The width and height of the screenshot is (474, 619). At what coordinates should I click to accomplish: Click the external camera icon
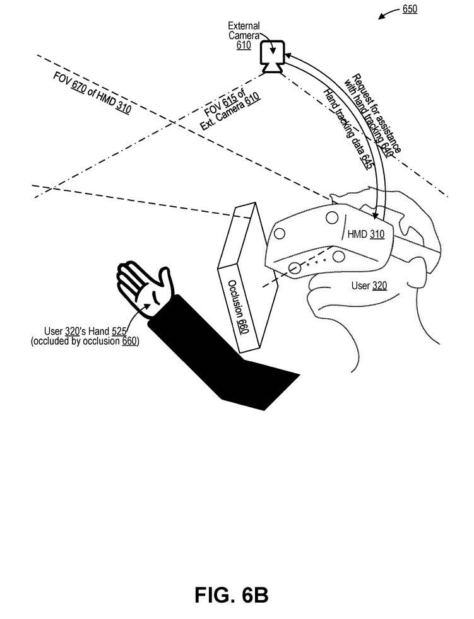point(271,57)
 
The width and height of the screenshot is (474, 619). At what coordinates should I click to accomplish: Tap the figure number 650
point(410,9)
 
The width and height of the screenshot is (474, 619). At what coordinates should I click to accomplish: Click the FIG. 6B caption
point(231,595)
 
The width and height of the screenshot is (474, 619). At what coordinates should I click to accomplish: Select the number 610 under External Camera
point(244,45)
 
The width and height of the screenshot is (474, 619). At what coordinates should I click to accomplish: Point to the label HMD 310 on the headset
point(365,234)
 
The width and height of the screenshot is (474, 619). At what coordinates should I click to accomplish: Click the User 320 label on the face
point(369,285)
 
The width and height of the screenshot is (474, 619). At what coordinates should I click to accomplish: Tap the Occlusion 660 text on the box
point(239,307)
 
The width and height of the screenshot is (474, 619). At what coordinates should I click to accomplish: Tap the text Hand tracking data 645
point(348,129)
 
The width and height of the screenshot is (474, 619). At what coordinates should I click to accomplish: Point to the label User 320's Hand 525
point(85,331)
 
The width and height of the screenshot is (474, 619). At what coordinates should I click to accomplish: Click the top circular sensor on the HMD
point(332,217)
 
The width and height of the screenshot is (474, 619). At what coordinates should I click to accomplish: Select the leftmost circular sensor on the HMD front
point(280,234)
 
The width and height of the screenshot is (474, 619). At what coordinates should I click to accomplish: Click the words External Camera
point(244,30)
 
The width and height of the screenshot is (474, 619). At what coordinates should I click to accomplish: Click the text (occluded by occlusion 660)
point(85,340)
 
